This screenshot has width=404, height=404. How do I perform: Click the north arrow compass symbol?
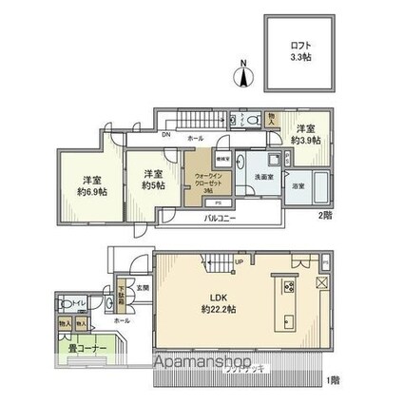click(x=244, y=75)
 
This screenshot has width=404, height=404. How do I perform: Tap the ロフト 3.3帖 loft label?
click(x=300, y=49)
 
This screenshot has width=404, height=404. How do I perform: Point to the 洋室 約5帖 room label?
click(x=154, y=179)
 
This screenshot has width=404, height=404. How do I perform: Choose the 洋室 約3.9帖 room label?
click(x=305, y=134)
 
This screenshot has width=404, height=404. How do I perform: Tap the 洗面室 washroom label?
click(x=262, y=175)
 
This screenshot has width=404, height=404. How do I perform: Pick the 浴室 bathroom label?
click(x=298, y=185)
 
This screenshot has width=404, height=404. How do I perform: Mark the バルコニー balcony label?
click(x=220, y=219)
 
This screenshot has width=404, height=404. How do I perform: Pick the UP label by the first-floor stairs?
click(x=238, y=263)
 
